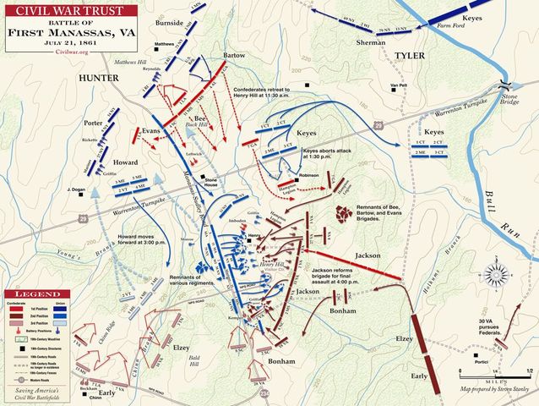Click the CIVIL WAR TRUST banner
(59, 10)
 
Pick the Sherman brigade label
(371, 41)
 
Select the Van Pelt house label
(400, 87)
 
